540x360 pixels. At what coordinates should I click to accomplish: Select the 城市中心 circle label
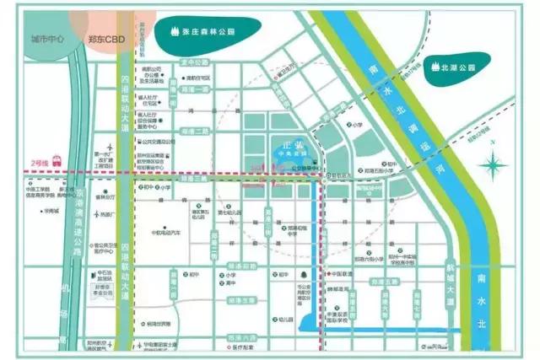tap(47, 39)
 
